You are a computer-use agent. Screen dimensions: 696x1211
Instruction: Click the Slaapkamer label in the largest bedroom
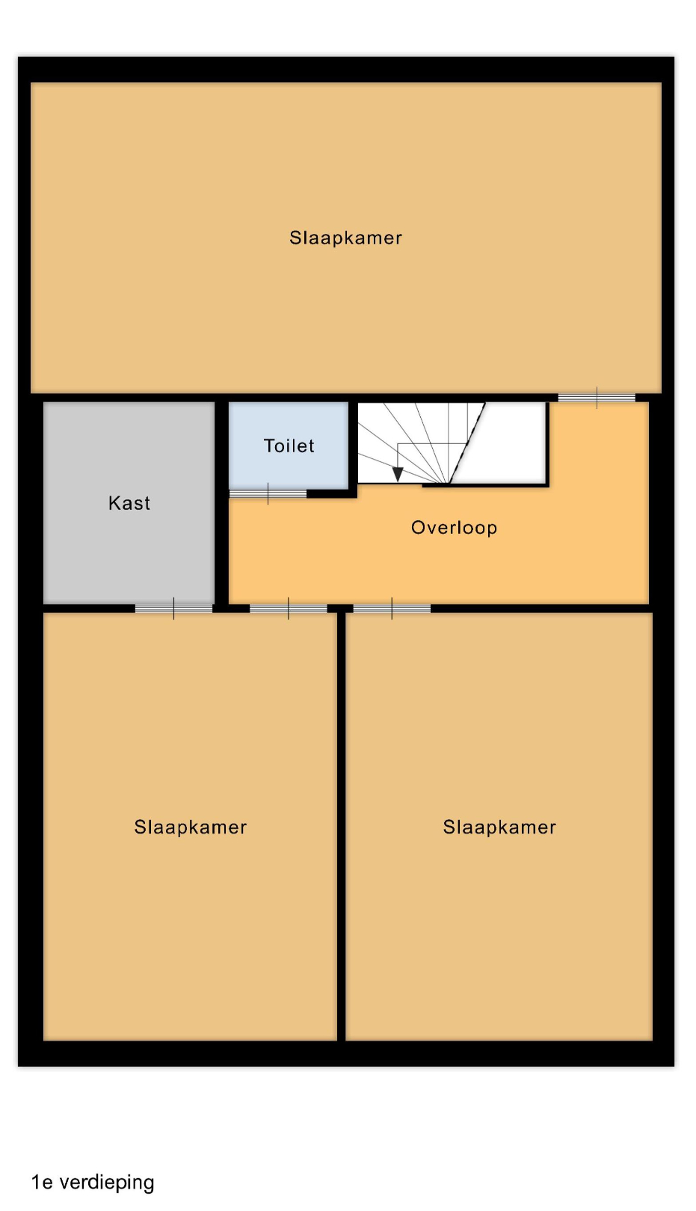click(345, 238)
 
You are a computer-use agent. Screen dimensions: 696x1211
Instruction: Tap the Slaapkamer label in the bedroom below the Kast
click(191, 828)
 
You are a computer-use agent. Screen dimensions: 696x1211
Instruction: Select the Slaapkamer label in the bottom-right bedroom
click(499, 828)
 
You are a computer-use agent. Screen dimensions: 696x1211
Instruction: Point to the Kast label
click(129, 503)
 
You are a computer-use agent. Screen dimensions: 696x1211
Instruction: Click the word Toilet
click(289, 446)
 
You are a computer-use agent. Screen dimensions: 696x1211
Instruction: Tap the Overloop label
click(454, 529)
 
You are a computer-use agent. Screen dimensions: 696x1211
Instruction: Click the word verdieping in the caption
click(107, 1183)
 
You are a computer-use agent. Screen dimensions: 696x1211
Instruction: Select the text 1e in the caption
click(42, 1183)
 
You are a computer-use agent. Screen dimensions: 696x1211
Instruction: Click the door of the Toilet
click(268, 493)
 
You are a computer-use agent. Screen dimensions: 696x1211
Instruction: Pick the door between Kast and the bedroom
click(173, 608)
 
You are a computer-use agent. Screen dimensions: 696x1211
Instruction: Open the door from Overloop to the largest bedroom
click(597, 398)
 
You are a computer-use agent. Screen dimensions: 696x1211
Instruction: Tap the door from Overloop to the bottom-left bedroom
click(289, 608)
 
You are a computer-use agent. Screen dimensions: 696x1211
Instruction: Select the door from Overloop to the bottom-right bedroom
click(392, 608)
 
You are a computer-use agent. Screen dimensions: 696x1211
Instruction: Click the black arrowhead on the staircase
click(398, 474)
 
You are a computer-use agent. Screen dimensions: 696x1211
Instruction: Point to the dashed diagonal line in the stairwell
click(467, 443)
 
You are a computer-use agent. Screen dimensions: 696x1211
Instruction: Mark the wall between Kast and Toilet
click(222, 503)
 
